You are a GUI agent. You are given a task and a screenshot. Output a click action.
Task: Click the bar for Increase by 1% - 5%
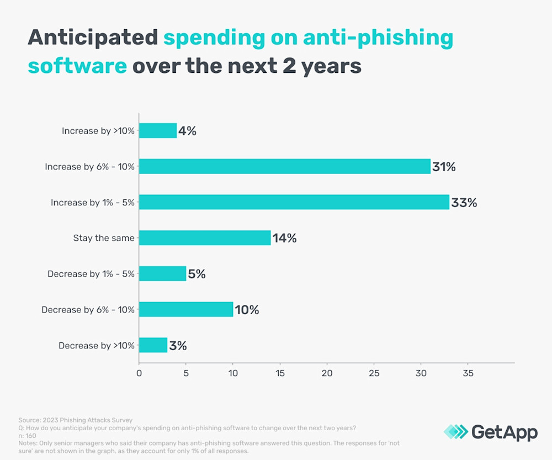coord(294,202)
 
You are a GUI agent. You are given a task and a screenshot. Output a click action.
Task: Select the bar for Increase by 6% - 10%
coord(284,166)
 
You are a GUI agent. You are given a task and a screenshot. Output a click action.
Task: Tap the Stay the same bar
coord(205,238)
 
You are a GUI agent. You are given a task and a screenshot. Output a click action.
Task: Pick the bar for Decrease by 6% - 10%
coord(186,309)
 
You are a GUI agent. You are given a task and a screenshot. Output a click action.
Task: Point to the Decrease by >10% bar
coord(153,345)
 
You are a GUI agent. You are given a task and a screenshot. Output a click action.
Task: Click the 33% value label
coord(464,203)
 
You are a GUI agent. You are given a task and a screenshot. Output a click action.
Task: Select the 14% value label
coord(284,239)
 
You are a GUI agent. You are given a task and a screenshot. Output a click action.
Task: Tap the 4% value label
coord(188,131)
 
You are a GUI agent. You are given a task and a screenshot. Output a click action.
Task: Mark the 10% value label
coord(247,310)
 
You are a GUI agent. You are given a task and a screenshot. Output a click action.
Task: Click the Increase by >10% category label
coord(98,131)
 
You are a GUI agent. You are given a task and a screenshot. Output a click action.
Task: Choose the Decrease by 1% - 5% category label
coord(91,274)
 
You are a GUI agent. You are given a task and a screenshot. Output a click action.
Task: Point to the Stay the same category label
coord(104,238)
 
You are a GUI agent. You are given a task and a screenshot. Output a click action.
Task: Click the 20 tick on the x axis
coord(327,373)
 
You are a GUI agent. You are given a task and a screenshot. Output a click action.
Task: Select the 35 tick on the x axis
coord(468,373)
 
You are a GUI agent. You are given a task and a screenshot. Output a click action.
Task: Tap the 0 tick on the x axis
coord(139,373)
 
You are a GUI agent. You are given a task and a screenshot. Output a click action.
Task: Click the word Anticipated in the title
coord(92,38)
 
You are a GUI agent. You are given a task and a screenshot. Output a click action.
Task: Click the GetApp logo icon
coord(455,432)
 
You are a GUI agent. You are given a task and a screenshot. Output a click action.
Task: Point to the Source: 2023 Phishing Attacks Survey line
coord(76,420)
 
